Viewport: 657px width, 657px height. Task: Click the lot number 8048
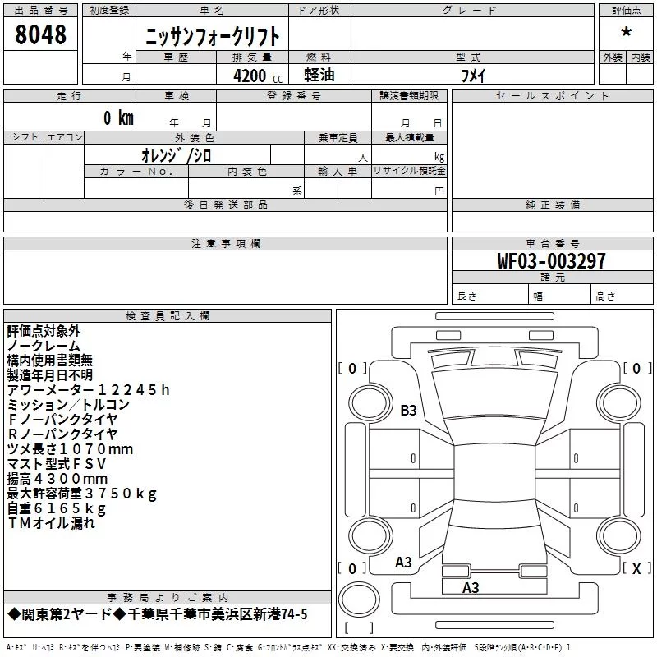[x=40, y=34]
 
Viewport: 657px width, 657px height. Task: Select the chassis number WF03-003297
[x=551, y=260]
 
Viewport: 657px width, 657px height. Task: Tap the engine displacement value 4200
[x=250, y=76]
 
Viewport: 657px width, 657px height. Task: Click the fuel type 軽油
[x=319, y=75]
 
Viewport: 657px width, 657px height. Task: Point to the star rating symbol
[x=627, y=32]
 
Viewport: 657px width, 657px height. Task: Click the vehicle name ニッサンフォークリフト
[x=212, y=36]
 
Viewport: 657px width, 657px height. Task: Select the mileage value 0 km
[x=118, y=117]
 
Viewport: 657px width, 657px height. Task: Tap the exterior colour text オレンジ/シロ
[x=177, y=155]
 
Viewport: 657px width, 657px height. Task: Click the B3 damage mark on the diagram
[x=408, y=410]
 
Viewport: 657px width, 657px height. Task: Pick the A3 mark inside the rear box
[x=471, y=588]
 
